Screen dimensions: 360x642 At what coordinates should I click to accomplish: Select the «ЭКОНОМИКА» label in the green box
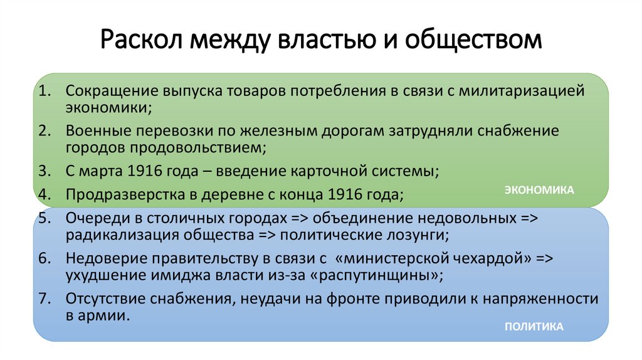540,189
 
